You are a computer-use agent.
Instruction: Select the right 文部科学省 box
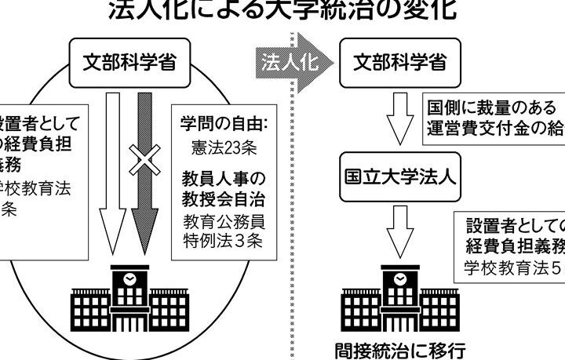point(399,63)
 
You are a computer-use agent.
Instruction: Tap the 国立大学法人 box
point(400,175)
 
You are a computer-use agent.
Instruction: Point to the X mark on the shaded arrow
point(144,161)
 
